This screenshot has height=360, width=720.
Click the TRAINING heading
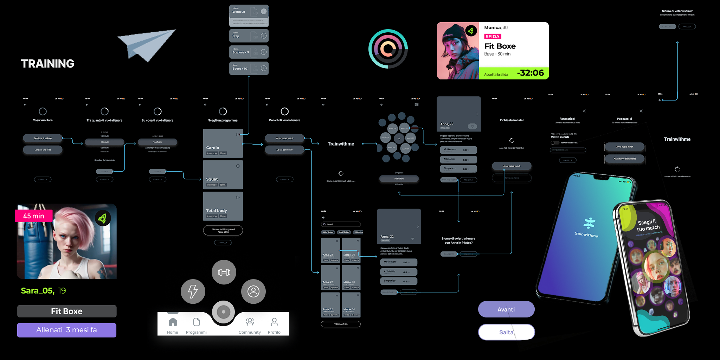[47, 64]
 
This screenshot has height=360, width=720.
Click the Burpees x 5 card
[249, 52]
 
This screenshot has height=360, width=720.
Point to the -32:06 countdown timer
[530, 73]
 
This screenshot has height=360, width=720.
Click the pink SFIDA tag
[493, 37]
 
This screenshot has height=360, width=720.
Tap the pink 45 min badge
[34, 216]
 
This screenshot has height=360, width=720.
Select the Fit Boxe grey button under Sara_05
[67, 311]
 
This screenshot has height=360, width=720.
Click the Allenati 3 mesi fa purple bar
[67, 330]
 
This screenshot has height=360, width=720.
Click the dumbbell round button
[224, 272]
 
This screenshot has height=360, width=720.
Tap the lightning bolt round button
[193, 291]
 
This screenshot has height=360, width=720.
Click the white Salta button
[506, 332]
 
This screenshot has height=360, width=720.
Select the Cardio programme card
[223, 143]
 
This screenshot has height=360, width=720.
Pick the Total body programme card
[223, 206]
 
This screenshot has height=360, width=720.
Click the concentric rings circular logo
[388, 49]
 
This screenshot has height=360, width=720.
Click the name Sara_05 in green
[38, 291]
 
